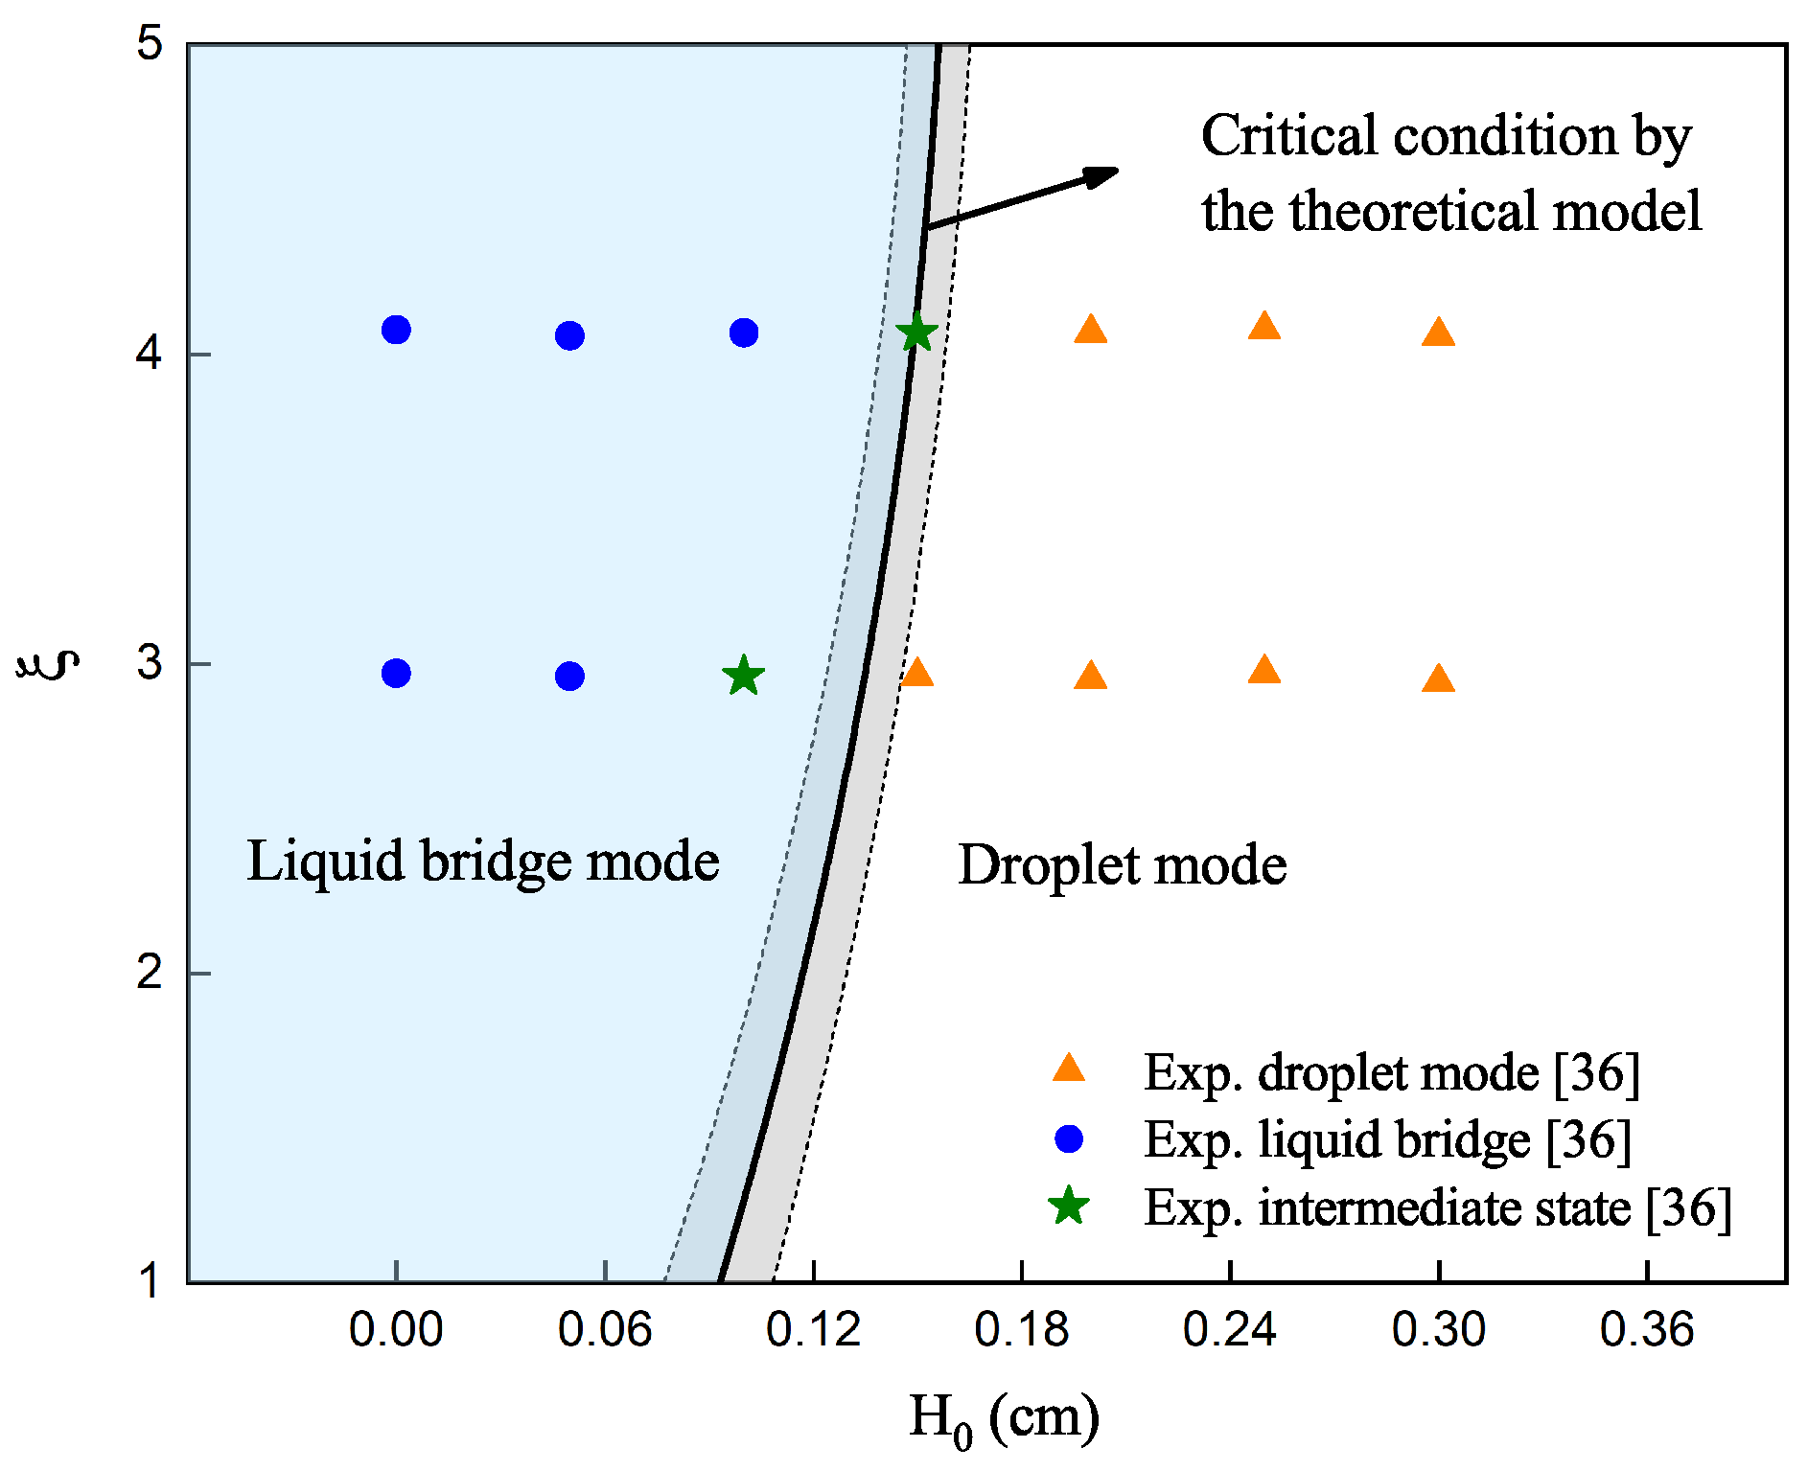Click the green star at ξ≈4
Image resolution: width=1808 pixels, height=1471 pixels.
pyautogui.click(x=916, y=333)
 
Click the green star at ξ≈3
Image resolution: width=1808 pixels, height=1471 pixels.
pyautogui.click(x=743, y=677)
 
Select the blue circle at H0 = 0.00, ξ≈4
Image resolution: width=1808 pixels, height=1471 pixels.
pyautogui.click(x=396, y=330)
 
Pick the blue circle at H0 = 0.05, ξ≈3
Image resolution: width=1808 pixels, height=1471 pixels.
pyautogui.click(x=569, y=677)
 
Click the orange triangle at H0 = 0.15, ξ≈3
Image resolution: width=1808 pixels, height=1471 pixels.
pyautogui.click(x=917, y=673)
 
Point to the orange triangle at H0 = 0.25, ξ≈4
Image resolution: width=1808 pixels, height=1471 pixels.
pyautogui.click(x=1264, y=328)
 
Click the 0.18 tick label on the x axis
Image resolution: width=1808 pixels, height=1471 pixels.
pyautogui.click(x=1021, y=1330)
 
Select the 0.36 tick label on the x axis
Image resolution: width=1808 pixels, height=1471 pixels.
pyautogui.click(x=1647, y=1330)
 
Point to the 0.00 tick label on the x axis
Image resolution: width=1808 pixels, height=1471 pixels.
pyautogui.click(x=396, y=1330)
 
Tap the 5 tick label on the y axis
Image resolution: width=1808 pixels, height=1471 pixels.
pyautogui.click(x=150, y=44)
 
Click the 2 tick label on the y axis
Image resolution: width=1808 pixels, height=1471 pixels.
pyautogui.click(x=150, y=973)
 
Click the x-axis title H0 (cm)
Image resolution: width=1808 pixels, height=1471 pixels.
pyautogui.click(x=1003, y=1418)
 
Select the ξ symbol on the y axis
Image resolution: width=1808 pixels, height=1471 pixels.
pyautogui.click(x=48, y=663)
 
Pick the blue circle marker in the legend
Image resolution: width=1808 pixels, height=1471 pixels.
pyautogui.click(x=1068, y=1138)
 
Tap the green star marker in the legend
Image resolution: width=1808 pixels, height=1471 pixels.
pyautogui.click(x=1068, y=1207)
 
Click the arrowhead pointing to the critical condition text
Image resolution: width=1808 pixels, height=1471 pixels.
pyautogui.click(x=1102, y=174)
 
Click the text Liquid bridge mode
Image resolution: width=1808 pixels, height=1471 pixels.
pyautogui.click(x=482, y=862)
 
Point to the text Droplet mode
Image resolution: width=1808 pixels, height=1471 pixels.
pyautogui.click(x=1122, y=865)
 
